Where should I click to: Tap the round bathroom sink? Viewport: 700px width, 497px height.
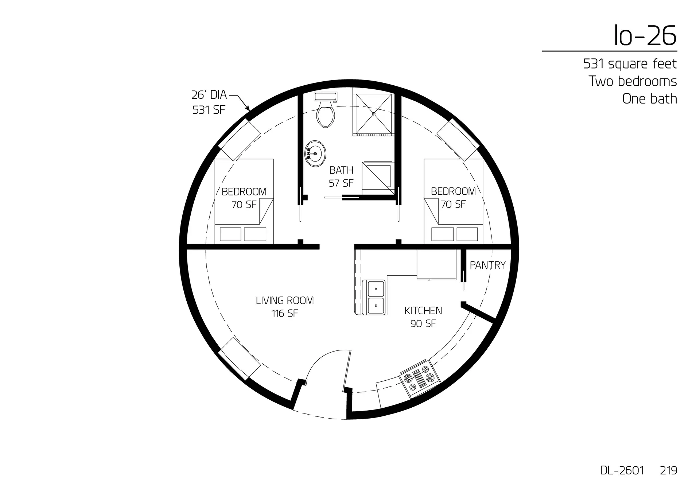coord(315,154)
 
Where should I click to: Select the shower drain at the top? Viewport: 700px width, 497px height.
coord(373,114)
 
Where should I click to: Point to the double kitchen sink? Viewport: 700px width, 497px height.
coord(375,297)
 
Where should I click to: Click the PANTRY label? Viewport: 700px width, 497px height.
coord(487,265)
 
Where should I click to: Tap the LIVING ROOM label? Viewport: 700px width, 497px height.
coord(285,300)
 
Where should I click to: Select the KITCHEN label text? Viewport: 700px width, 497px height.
coord(423,311)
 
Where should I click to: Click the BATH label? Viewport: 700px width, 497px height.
coord(341,170)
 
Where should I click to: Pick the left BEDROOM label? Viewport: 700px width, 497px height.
coord(244,191)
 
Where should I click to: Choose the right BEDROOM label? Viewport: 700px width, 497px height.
coord(453,191)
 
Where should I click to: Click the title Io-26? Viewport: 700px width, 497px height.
coord(645,35)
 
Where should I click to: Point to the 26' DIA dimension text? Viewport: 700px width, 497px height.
coord(209,95)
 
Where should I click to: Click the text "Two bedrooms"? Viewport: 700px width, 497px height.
coord(633,81)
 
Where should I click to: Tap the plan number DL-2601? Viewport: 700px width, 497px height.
coord(622,470)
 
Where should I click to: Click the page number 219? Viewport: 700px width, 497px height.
coord(668,470)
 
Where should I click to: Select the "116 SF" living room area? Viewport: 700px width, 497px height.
coord(285,313)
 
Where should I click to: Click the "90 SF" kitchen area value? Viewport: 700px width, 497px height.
coord(423,323)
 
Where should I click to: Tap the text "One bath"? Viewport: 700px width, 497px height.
coord(649,99)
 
